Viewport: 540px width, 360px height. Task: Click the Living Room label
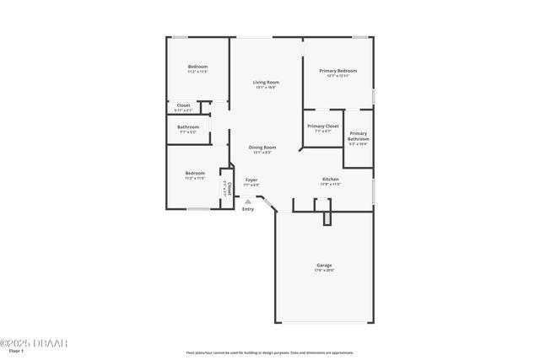[265, 82]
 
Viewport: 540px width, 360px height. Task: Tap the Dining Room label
[262, 148]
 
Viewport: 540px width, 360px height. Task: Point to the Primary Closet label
[322, 126]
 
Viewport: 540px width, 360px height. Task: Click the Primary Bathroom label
[359, 136]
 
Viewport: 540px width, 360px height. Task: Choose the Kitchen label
[331, 179]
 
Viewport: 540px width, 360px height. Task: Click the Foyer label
[251, 180]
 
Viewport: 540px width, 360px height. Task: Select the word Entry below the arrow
[247, 209]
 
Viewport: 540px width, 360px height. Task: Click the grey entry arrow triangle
[247, 201]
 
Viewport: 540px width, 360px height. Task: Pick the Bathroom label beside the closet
[188, 127]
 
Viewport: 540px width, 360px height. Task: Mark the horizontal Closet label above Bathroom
[183, 105]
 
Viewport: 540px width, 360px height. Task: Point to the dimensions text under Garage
[324, 271]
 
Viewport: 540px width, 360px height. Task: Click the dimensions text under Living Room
[265, 87]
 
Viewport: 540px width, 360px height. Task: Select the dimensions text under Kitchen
[331, 184]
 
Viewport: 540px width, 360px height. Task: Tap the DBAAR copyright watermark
[34, 343]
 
